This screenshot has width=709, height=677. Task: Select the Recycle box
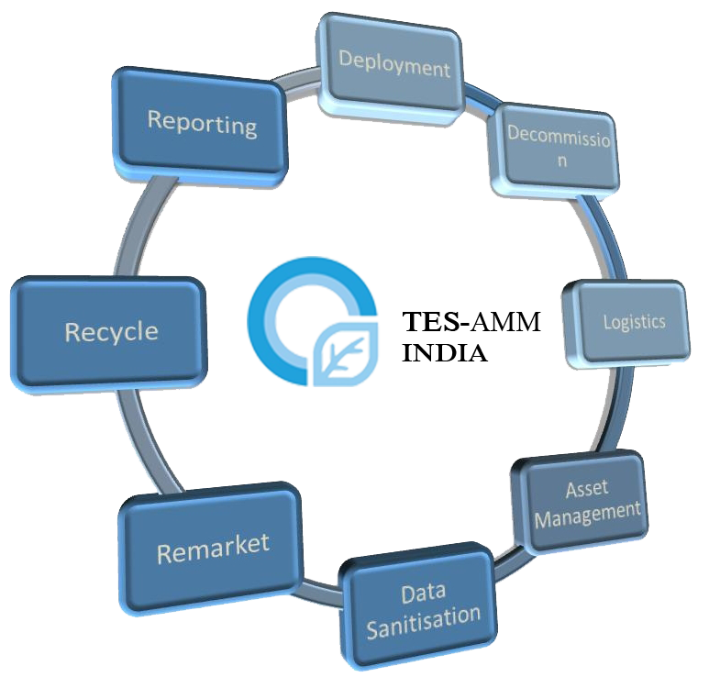(x=110, y=330)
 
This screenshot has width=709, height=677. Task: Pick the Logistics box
(x=634, y=322)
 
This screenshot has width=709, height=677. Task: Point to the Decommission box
(x=559, y=147)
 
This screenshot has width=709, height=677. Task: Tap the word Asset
(x=586, y=489)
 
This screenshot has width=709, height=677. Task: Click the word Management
(x=588, y=513)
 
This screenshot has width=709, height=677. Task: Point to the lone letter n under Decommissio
(x=563, y=161)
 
